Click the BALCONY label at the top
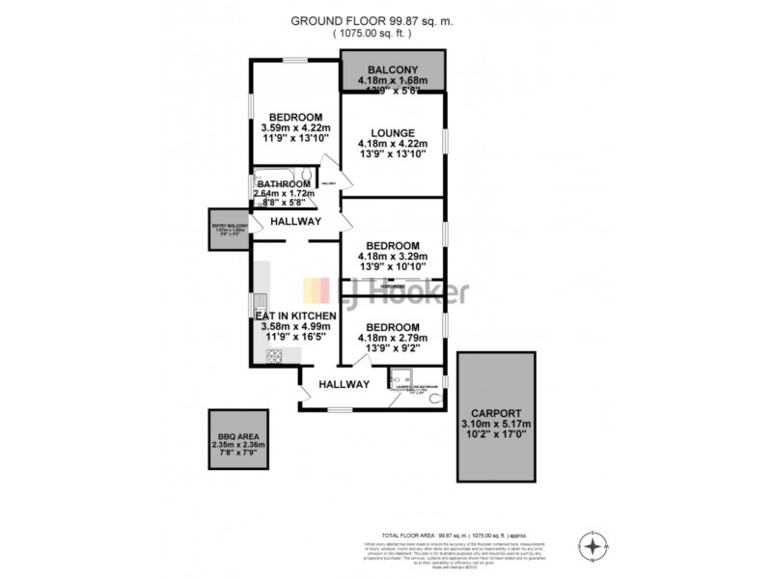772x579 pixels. click(393, 69)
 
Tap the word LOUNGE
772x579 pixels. click(393, 133)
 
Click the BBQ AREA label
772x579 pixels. click(237, 435)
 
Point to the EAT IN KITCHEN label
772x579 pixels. click(295, 316)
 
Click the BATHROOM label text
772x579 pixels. click(284, 183)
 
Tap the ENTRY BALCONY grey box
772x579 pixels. click(232, 231)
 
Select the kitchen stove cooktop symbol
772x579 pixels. click(273, 356)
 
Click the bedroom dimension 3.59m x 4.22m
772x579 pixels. click(295, 126)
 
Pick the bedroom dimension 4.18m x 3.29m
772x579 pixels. click(393, 257)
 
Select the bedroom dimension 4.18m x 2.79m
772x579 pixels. click(393, 339)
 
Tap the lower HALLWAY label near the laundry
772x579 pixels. click(345, 384)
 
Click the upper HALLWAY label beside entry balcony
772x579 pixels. click(295, 221)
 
